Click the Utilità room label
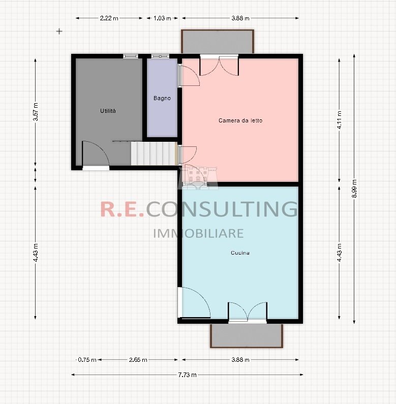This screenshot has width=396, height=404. [108, 110]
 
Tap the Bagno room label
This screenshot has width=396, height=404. [162, 98]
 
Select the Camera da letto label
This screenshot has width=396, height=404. [240, 120]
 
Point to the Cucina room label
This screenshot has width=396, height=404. [240, 253]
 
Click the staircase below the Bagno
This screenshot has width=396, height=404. [153, 153]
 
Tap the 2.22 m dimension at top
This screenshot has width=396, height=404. [109, 18]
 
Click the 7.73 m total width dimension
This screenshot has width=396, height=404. [188, 375]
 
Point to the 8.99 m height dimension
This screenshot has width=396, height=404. [354, 190]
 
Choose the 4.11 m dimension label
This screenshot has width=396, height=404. [339, 120]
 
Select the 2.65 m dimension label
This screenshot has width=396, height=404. [138, 360]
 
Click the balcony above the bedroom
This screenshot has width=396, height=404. [217, 41]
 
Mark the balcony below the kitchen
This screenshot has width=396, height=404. [246, 335]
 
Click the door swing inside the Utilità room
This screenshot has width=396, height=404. [95, 153]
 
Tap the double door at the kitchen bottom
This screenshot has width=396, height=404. [247, 312]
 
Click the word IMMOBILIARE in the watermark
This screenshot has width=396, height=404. [198, 233]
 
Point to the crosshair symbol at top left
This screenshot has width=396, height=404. [59, 31]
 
